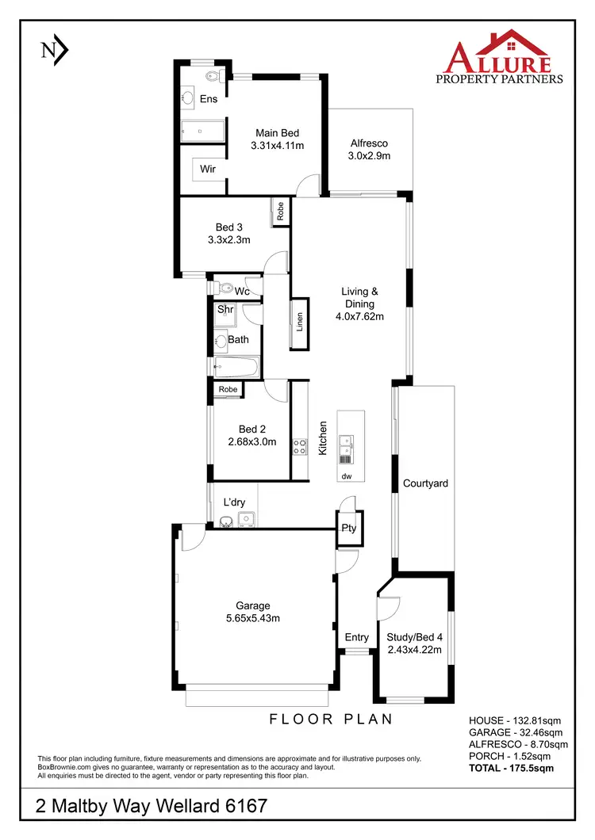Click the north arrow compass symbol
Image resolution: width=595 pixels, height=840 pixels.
pyautogui.click(x=54, y=50)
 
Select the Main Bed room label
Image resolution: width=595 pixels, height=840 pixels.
pyautogui.click(x=277, y=133)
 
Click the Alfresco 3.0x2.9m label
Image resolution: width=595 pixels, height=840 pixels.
pyautogui.click(x=369, y=156)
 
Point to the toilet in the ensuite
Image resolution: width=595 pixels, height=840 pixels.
pyautogui.click(x=212, y=76)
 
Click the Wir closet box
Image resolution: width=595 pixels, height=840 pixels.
pyautogui.click(x=208, y=169)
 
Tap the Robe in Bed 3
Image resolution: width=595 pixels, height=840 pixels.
pyautogui.click(x=280, y=211)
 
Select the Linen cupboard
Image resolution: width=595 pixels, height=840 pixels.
pyautogui.click(x=300, y=323)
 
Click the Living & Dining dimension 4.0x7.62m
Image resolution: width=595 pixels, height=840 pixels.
pyautogui.click(x=359, y=317)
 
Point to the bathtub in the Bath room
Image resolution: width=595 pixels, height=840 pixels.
pyautogui.click(x=236, y=367)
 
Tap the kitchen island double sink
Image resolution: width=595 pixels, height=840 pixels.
pyautogui.click(x=346, y=448)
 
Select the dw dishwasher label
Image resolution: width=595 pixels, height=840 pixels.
pyautogui.click(x=346, y=476)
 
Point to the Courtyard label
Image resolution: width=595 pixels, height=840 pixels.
pyautogui.click(x=425, y=483)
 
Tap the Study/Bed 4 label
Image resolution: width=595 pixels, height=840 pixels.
pyautogui.click(x=414, y=636)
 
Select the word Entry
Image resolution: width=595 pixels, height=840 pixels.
pyautogui.click(x=356, y=637)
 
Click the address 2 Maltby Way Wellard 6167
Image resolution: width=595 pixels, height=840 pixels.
pyautogui.click(x=152, y=807)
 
